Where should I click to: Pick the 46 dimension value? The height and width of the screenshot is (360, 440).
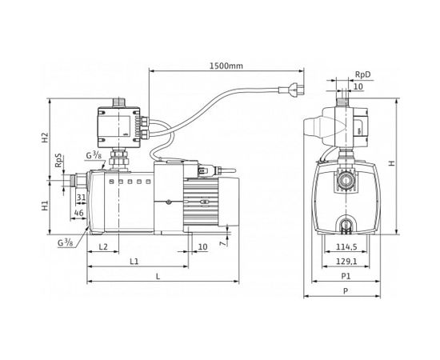(x=78, y=214)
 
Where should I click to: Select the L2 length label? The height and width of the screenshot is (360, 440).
(x=104, y=247)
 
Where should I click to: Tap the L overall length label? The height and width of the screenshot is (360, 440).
(x=158, y=277)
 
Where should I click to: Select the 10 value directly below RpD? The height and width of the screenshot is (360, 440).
(x=358, y=86)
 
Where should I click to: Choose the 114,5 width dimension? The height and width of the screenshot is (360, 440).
(x=347, y=247)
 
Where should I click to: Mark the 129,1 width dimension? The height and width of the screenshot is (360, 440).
(x=347, y=262)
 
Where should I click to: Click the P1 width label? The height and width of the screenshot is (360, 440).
(x=345, y=277)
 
